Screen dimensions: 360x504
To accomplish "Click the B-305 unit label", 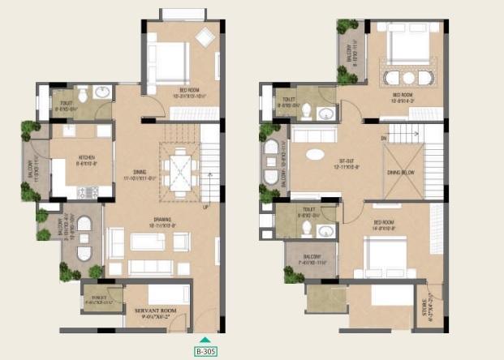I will click(x=205, y=351).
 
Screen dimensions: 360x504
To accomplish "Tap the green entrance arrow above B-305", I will click(x=205, y=340).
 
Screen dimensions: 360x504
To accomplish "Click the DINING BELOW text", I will click(x=403, y=172).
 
